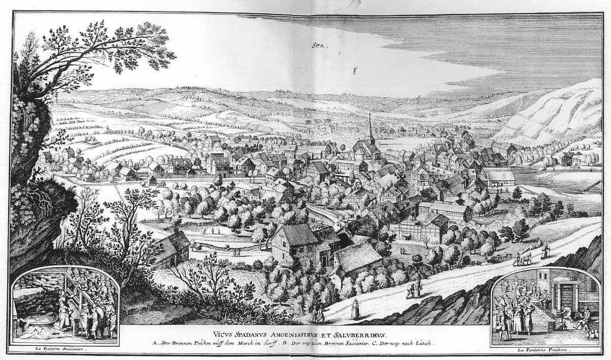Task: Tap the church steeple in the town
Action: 371,127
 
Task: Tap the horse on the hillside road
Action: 524,258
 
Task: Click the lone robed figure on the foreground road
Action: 355,309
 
